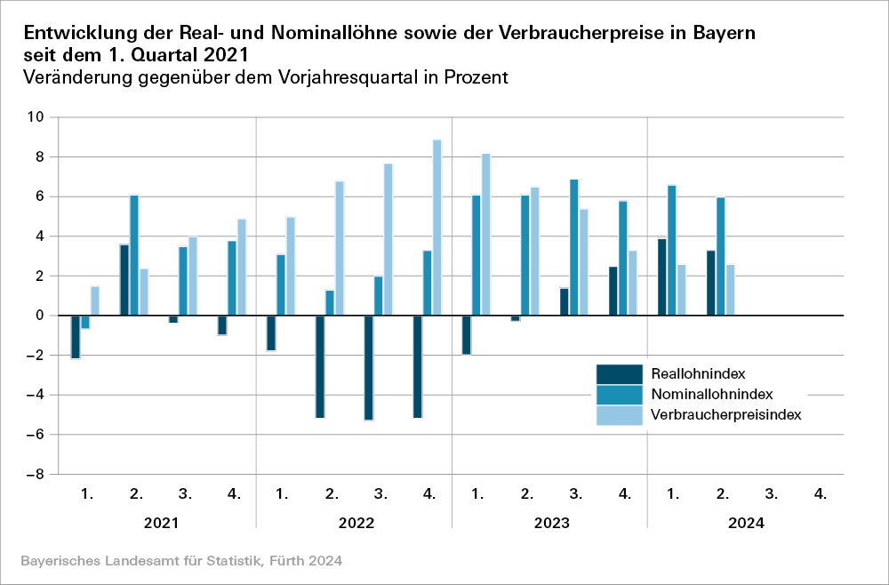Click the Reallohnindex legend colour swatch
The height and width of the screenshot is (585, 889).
tap(619, 373)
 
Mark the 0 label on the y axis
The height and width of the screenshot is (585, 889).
tap(39, 316)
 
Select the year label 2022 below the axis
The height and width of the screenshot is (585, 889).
tap(355, 524)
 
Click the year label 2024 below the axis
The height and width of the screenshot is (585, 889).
tap(746, 524)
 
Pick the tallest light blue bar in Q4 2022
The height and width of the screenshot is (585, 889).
tap(436, 228)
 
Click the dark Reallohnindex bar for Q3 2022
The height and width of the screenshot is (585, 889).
tap(369, 367)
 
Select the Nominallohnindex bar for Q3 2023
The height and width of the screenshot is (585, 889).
tap(574, 247)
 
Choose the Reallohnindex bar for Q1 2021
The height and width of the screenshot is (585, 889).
tap(76, 337)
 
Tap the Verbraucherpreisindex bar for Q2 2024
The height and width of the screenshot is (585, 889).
tap(731, 290)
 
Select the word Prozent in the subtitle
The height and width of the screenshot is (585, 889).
tap(476, 77)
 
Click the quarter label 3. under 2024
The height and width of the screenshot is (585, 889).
tap(772, 492)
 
